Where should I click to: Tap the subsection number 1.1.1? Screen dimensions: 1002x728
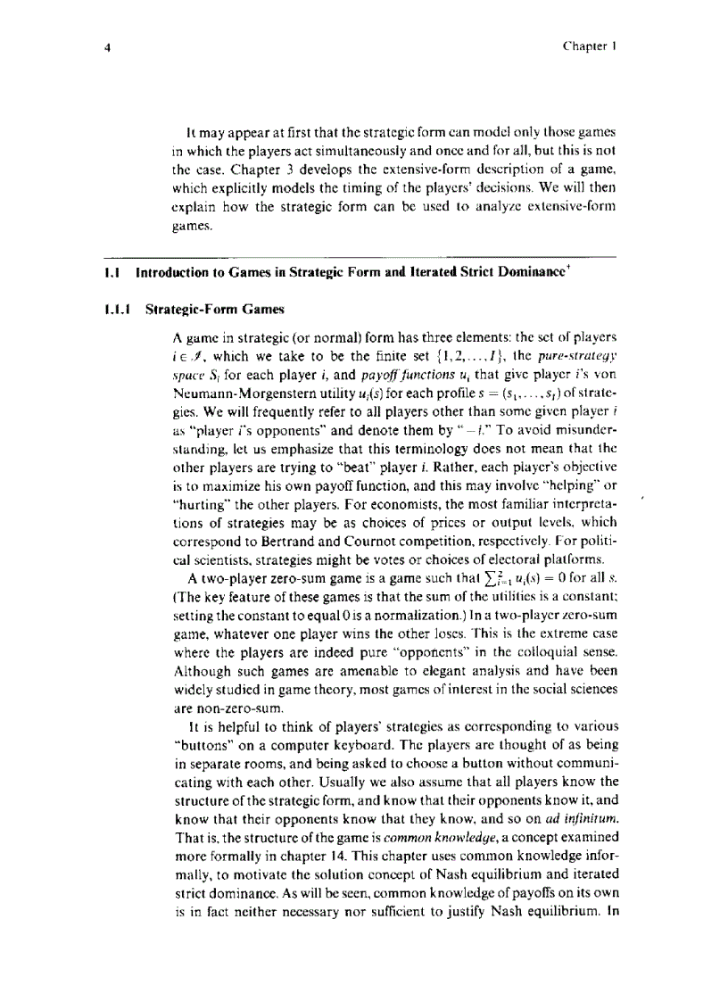coord(119,310)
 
